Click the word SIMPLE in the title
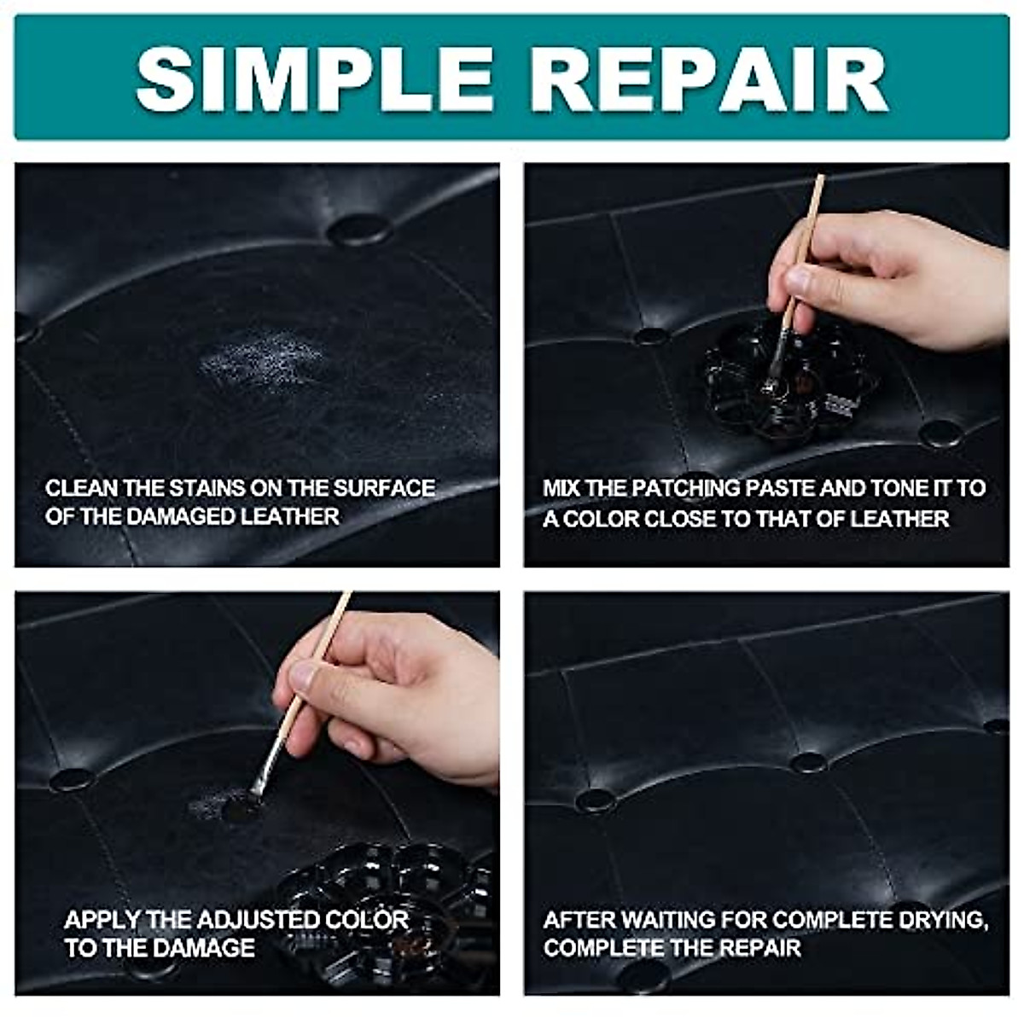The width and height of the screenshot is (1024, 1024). click(304, 77)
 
